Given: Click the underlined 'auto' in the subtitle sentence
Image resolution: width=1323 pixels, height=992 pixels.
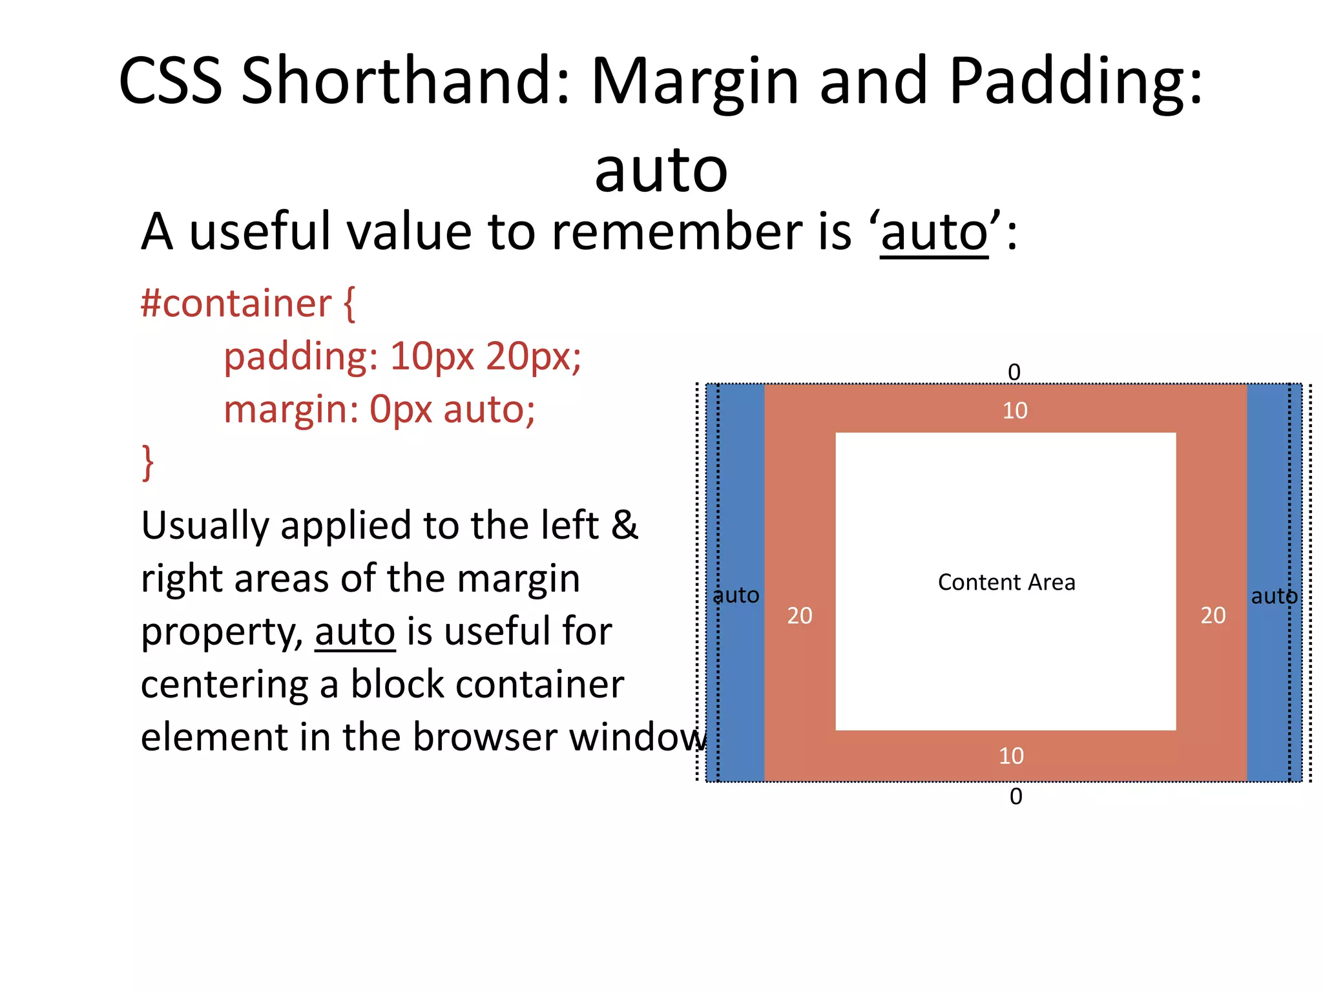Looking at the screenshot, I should pyautogui.click(x=934, y=233).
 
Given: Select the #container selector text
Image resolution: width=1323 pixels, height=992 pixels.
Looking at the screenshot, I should pyautogui.click(x=235, y=303).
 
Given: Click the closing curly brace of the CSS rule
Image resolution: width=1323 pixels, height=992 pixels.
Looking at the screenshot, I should pyautogui.click(x=148, y=462).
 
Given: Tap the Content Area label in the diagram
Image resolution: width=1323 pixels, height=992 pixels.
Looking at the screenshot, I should pyautogui.click(x=1006, y=582).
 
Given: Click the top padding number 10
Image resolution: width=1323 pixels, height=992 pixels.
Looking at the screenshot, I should pyautogui.click(x=1014, y=411).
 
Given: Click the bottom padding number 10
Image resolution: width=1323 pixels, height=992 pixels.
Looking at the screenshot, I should pyautogui.click(x=1011, y=756).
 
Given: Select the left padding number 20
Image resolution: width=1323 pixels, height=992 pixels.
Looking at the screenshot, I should pyautogui.click(x=799, y=615).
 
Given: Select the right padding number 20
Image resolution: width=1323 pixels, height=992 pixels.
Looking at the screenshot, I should pyautogui.click(x=1213, y=615).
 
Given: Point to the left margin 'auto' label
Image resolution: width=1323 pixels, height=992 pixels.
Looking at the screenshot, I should pyautogui.click(x=736, y=595).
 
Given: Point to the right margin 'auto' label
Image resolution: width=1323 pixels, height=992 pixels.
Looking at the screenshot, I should pyautogui.click(x=1273, y=596).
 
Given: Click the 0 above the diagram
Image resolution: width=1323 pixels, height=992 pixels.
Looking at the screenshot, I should pyautogui.click(x=1014, y=372).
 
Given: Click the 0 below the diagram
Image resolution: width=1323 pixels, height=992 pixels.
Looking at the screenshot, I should pyautogui.click(x=1016, y=796).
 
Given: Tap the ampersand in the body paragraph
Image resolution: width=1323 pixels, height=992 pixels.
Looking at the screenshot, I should pyautogui.click(x=624, y=525).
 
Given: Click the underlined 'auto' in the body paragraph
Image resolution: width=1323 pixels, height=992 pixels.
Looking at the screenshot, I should pyautogui.click(x=355, y=632).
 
